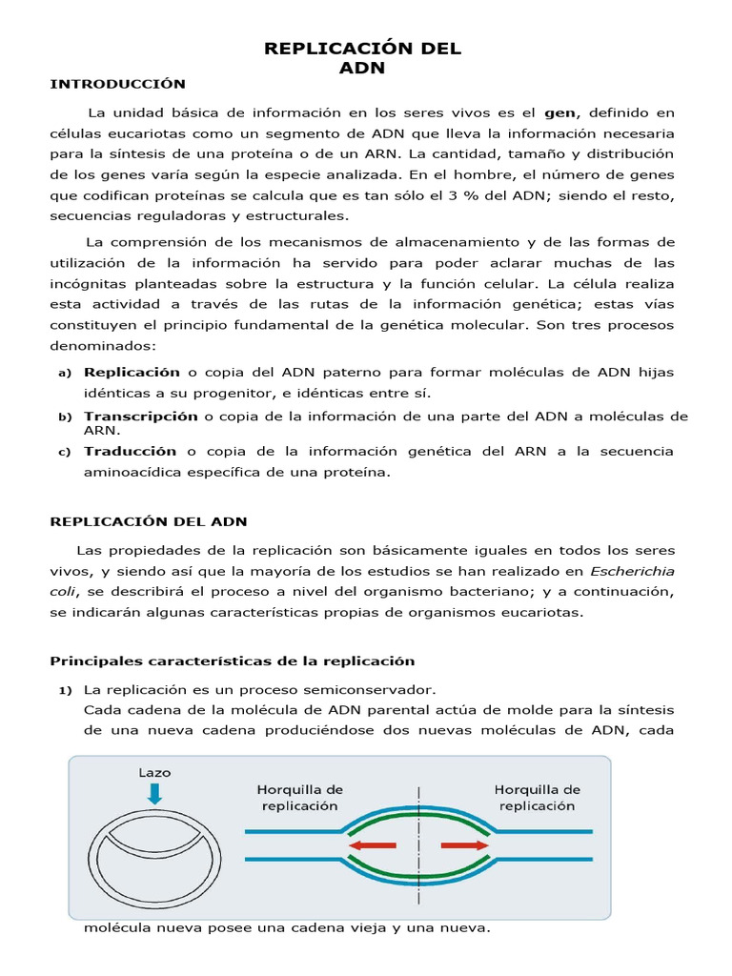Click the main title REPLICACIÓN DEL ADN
(362, 58)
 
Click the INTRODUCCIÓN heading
(117, 84)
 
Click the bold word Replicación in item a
(132, 372)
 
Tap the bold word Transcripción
(141, 416)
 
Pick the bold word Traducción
(130, 451)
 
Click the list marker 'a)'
(65, 373)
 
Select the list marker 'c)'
(65, 452)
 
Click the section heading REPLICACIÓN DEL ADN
(148, 520)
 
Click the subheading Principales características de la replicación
(233, 661)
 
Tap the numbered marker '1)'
(66, 689)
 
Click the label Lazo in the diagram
(154, 772)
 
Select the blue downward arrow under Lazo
(154, 793)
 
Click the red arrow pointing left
(371, 844)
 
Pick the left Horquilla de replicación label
(299, 797)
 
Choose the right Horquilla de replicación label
(538, 797)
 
